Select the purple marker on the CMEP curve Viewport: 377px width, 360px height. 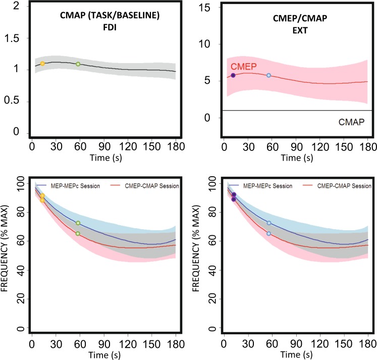pyautogui.click(x=233, y=75)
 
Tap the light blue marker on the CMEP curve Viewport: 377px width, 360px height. pyautogui.click(x=268, y=75)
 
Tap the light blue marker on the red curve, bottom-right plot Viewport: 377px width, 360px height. pyautogui.click(x=268, y=233)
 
